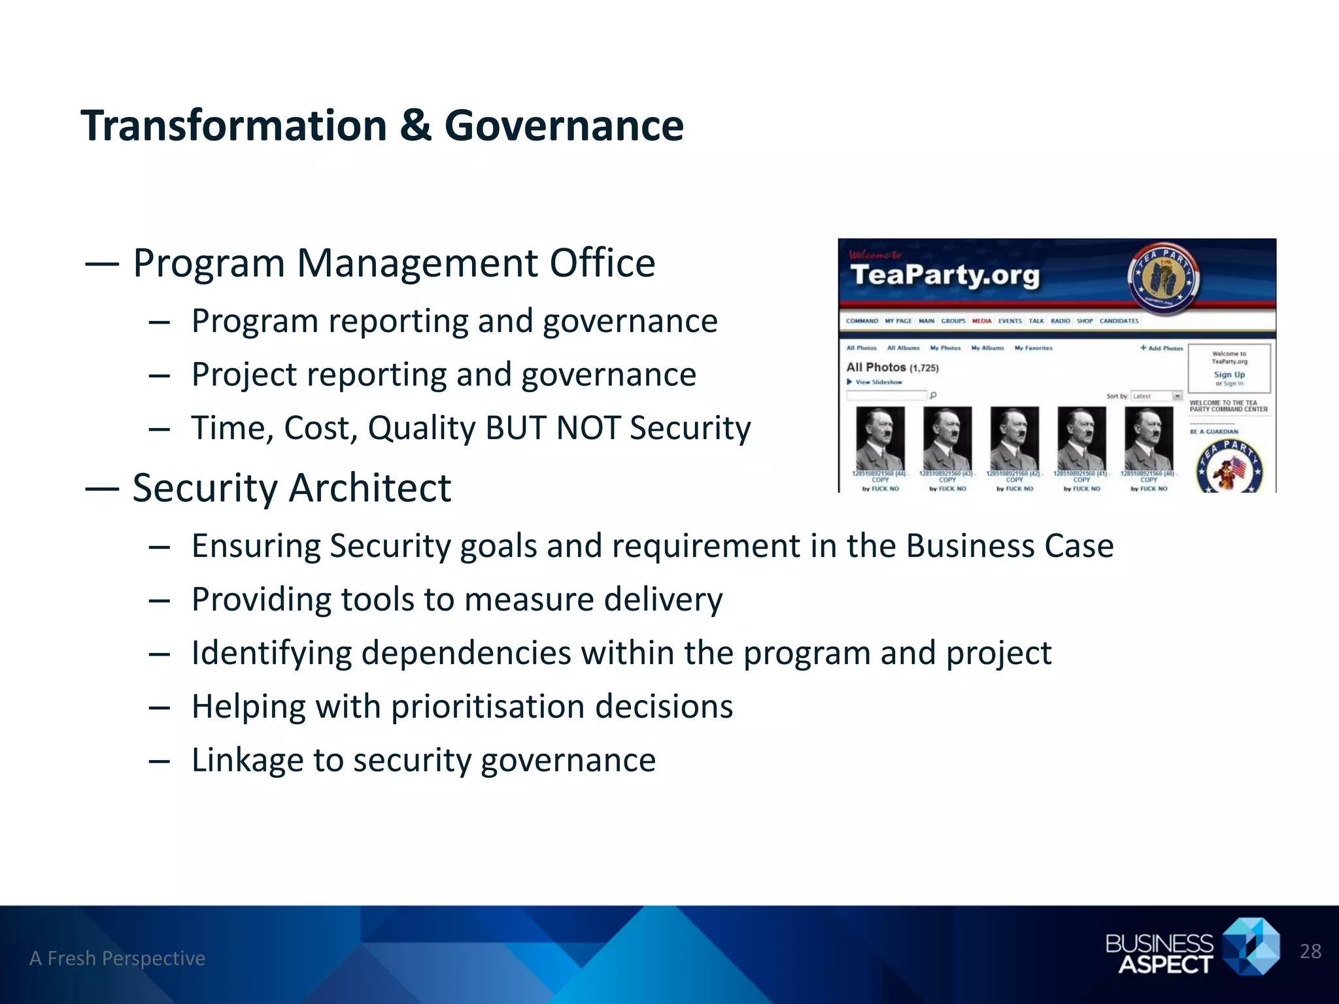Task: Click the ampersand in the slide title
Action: [416, 125]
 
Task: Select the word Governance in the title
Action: [564, 125]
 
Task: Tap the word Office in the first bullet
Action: [602, 263]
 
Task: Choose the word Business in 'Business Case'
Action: [970, 546]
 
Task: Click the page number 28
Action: [1310, 951]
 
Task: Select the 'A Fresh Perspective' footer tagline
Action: [118, 958]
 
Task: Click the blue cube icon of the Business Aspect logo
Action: [1251, 947]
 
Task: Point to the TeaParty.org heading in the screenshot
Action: [944, 275]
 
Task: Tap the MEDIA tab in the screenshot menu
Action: [981, 321]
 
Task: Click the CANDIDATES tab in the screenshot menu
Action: [1119, 321]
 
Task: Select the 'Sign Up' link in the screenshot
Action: [1229, 375]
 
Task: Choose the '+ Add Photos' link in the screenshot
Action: [1162, 348]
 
